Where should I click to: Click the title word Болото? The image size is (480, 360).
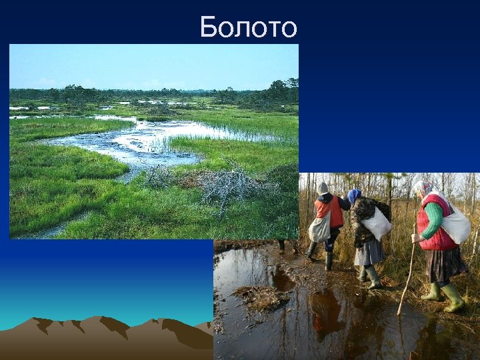tap(248, 27)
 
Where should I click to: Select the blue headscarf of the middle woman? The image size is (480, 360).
tap(354, 195)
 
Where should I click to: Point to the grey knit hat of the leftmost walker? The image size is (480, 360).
tap(323, 188)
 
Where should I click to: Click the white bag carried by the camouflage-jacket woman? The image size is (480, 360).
tap(377, 223)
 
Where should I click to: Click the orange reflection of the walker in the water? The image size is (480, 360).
tap(326, 313)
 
